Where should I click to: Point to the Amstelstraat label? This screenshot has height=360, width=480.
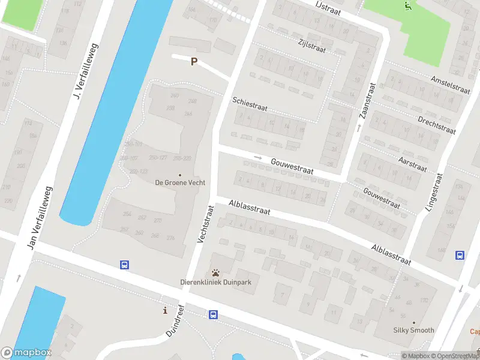450,84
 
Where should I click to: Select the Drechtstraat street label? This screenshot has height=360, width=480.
437,123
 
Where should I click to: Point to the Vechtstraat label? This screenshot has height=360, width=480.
205,224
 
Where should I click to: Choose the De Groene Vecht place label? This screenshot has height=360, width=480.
180,182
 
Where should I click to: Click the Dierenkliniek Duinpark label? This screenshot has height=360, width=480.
216,282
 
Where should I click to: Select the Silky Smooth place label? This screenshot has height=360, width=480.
413,330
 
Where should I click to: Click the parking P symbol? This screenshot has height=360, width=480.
194,61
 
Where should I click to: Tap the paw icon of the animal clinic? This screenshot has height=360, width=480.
215,272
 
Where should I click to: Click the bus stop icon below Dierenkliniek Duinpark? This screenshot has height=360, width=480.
213,314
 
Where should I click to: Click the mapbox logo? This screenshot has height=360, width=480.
26,353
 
